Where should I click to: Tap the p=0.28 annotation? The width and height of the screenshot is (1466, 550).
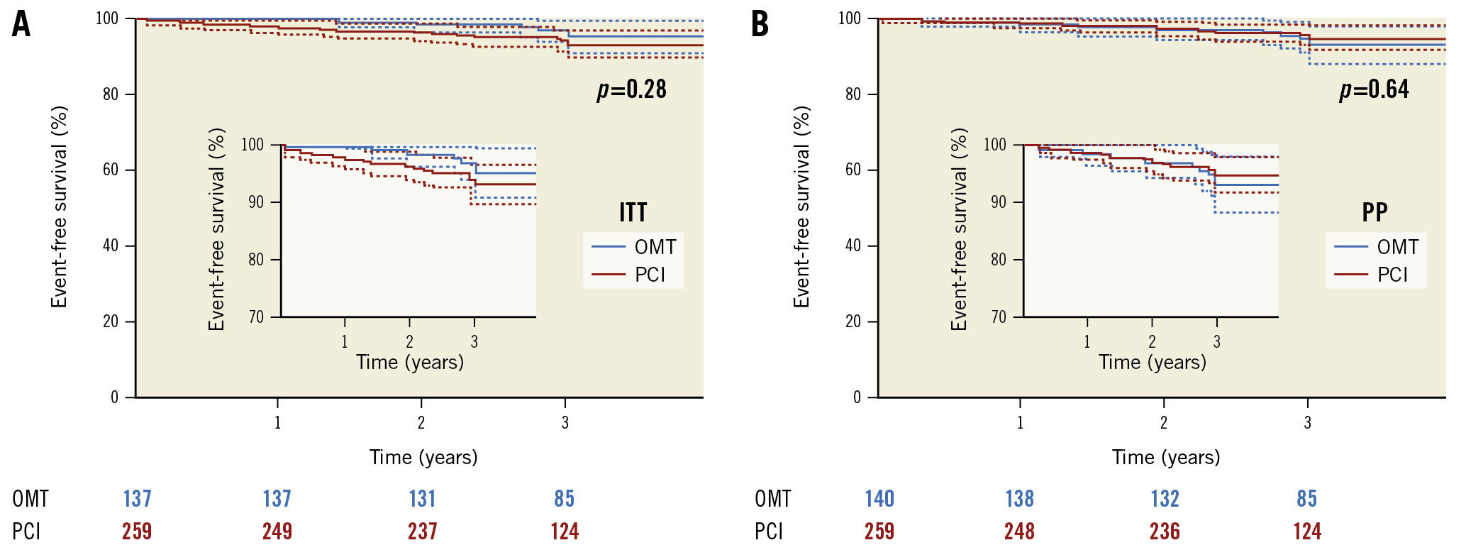point(631,89)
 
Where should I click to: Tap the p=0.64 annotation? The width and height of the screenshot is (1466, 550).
point(1374,89)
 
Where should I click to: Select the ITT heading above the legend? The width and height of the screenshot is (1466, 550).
point(633,212)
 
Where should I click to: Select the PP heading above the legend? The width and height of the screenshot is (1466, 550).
point(1375,212)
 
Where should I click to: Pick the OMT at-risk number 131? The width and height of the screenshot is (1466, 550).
point(422,499)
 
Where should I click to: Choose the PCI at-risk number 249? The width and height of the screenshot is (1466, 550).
point(277,531)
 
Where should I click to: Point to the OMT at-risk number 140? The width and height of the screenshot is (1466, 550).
point(879,499)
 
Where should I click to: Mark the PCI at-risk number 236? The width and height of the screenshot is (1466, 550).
point(1165,531)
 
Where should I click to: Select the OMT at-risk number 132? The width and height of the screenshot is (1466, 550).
point(1165,499)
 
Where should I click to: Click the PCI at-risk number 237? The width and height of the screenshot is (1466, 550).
point(422,531)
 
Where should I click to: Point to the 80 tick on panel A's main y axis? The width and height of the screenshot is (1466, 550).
point(111,94)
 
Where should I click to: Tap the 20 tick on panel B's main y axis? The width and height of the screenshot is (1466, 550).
point(853,321)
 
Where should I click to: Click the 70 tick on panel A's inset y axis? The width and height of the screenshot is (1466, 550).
point(256,317)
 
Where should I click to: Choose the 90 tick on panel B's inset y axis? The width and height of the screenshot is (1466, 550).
point(998,202)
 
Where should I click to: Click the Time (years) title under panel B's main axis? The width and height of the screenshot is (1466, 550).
point(1165,457)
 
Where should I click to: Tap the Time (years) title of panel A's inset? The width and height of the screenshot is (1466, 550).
point(410,363)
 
